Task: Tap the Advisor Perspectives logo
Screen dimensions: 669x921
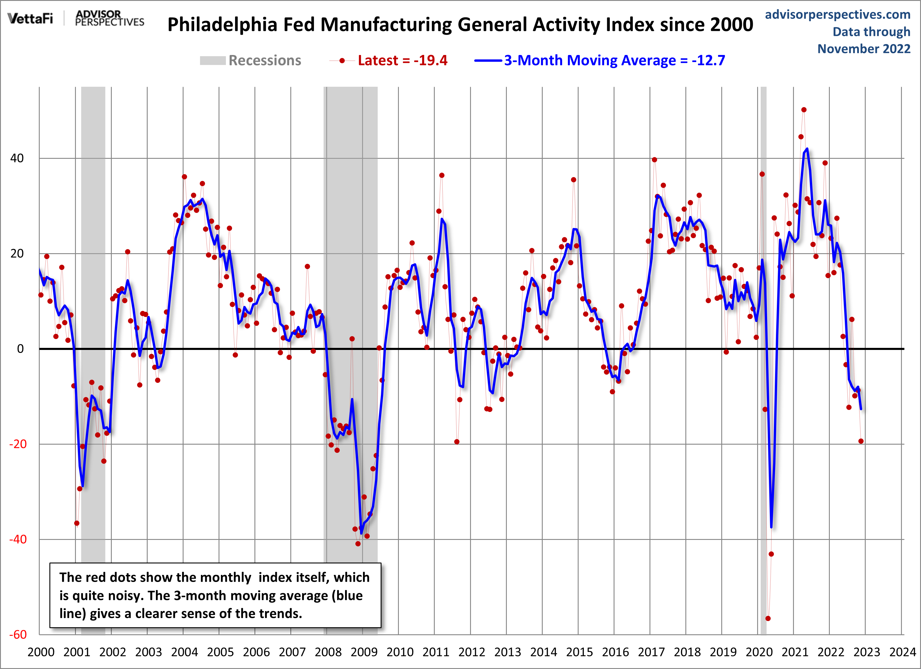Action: (x=110, y=18)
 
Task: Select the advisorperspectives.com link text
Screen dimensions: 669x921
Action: (x=837, y=15)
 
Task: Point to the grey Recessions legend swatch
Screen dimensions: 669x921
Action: (x=212, y=61)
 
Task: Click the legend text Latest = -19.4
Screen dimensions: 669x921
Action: (x=402, y=61)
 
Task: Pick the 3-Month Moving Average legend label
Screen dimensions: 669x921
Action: (x=614, y=61)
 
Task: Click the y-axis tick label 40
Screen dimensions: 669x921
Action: (x=17, y=158)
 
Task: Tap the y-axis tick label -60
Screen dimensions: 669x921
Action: (x=18, y=635)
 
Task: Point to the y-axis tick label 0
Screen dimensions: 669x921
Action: (x=20, y=349)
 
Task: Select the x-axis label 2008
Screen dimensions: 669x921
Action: (x=328, y=652)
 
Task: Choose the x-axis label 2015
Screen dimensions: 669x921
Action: (x=579, y=652)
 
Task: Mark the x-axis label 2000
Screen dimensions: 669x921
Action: (x=41, y=652)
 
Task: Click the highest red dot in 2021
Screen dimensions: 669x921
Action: (x=804, y=110)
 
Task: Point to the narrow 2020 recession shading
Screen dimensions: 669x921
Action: (x=763, y=365)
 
